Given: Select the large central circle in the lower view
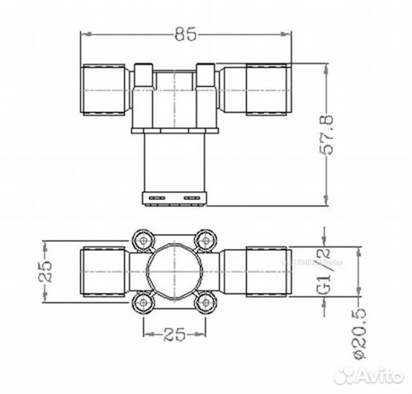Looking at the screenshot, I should (174, 271).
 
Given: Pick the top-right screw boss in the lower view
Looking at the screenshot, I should (205, 239).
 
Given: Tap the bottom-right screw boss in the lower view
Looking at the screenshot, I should (205, 302).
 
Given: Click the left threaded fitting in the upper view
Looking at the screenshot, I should (103, 89).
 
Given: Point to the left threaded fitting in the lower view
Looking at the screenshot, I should (103, 271).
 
